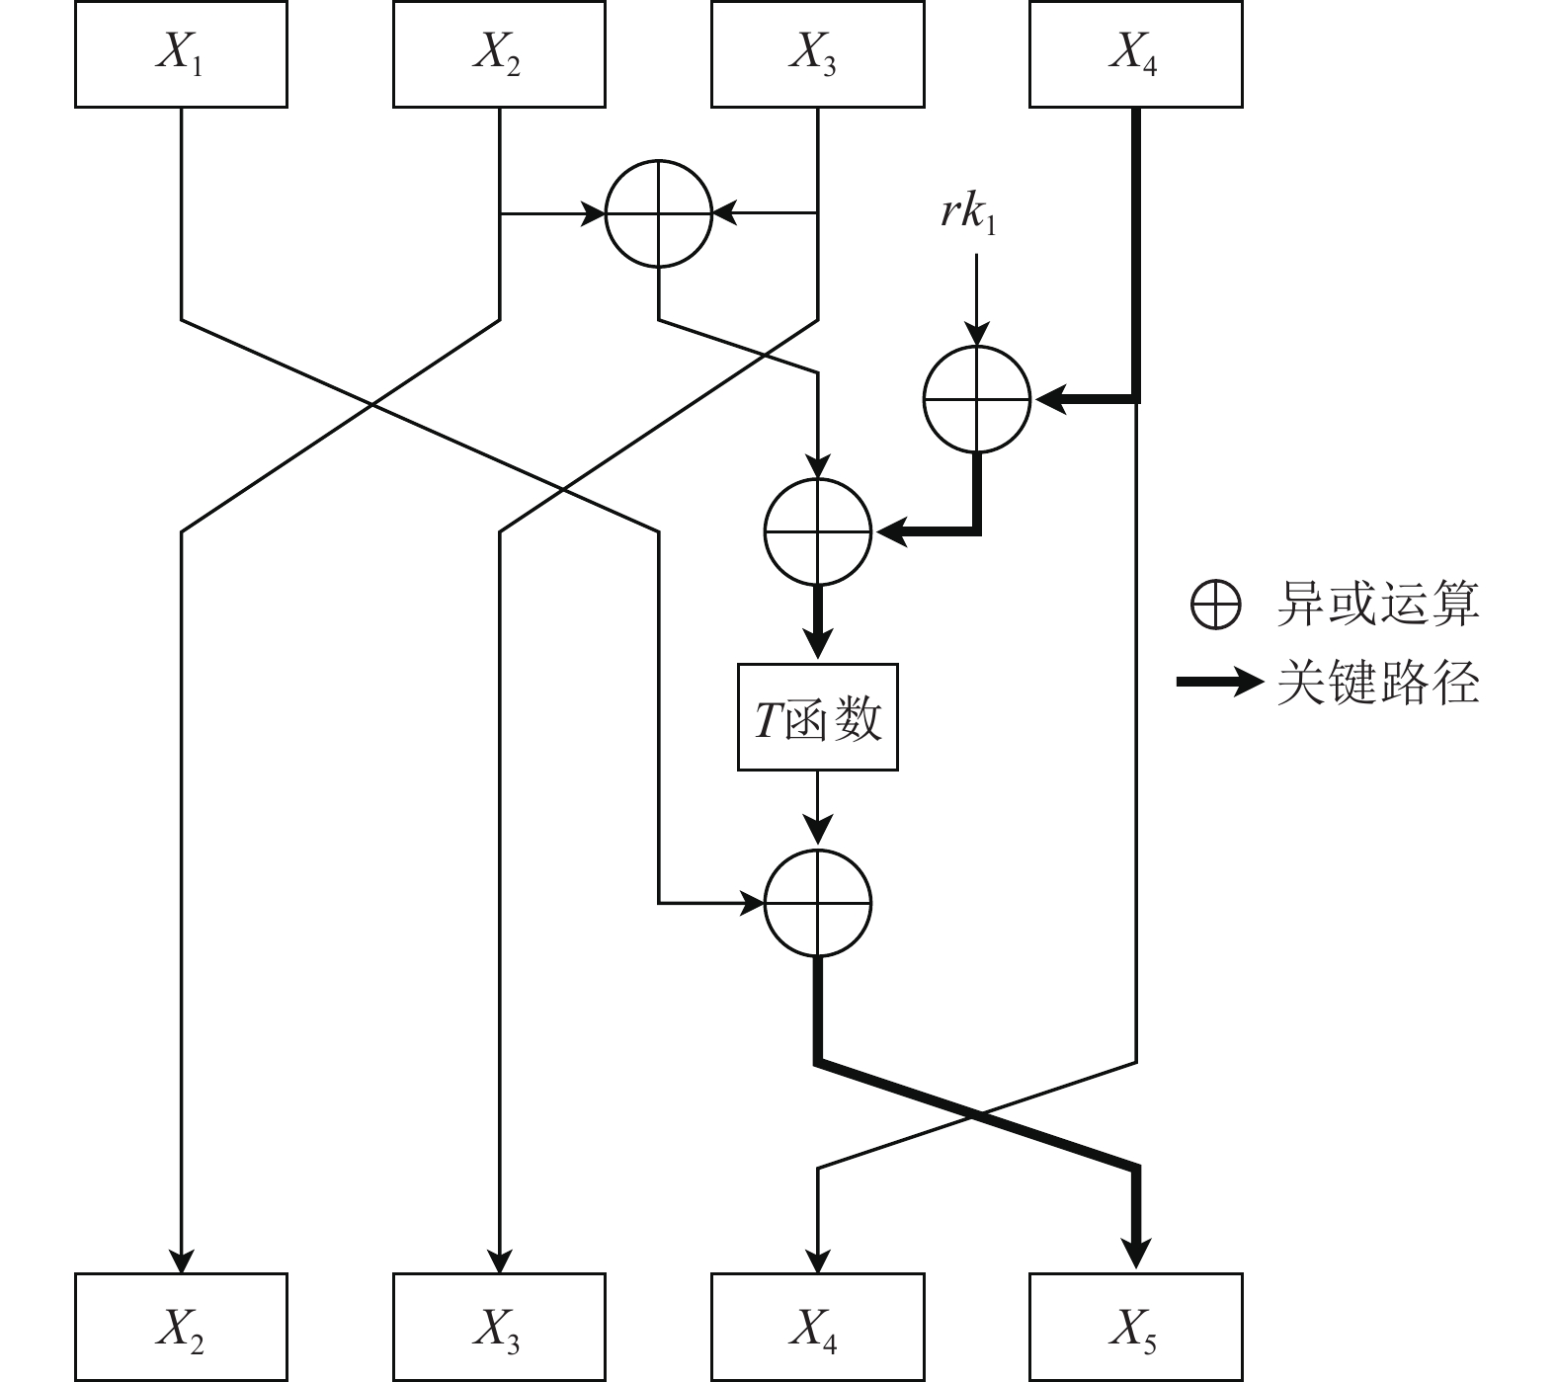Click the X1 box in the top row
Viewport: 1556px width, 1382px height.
[181, 54]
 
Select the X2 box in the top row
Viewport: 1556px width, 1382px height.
[499, 54]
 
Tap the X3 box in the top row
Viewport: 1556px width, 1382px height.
[817, 54]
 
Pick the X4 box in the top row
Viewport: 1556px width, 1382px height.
[1135, 54]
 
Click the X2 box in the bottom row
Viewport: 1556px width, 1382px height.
[181, 1327]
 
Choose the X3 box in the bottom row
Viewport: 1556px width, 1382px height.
[499, 1327]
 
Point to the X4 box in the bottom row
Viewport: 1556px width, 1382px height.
[817, 1327]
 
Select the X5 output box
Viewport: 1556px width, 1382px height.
[1135, 1327]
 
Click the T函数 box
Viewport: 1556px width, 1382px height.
[818, 717]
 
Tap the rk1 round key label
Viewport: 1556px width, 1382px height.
[968, 213]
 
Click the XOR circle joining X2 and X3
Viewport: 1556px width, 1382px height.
[658, 212]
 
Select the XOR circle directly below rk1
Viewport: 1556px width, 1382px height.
[977, 399]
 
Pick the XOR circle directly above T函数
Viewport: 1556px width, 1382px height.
[818, 531]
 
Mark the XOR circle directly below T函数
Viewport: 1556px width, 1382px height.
[818, 903]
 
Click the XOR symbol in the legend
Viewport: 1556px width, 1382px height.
[1215, 604]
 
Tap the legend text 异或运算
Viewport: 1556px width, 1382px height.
[1378, 604]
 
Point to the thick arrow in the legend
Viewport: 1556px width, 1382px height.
[1218, 682]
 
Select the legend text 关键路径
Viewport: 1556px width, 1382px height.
[1378, 682]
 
